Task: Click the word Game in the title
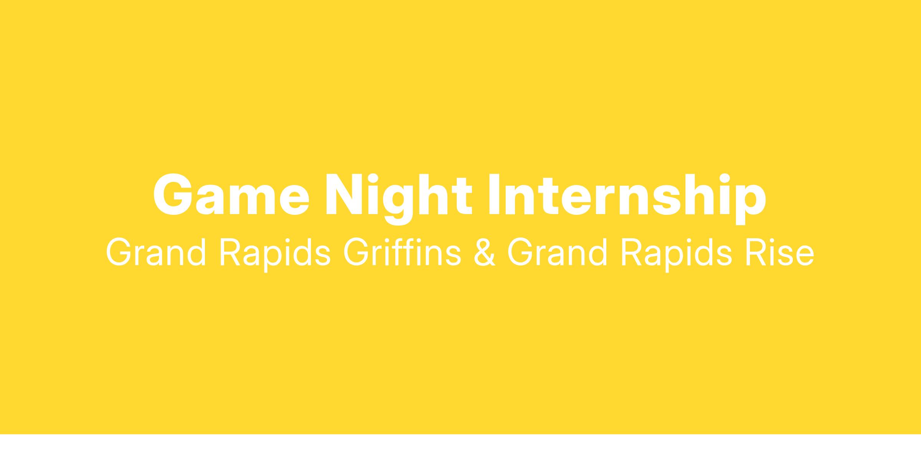(231, 195)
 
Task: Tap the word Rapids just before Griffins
(275, 255)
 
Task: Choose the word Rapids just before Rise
(677, 255)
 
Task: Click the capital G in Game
(172, 195)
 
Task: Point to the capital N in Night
(345, 195)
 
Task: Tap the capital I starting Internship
(495, 195)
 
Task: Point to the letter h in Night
(435, 194)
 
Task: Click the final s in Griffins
(452, 257)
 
